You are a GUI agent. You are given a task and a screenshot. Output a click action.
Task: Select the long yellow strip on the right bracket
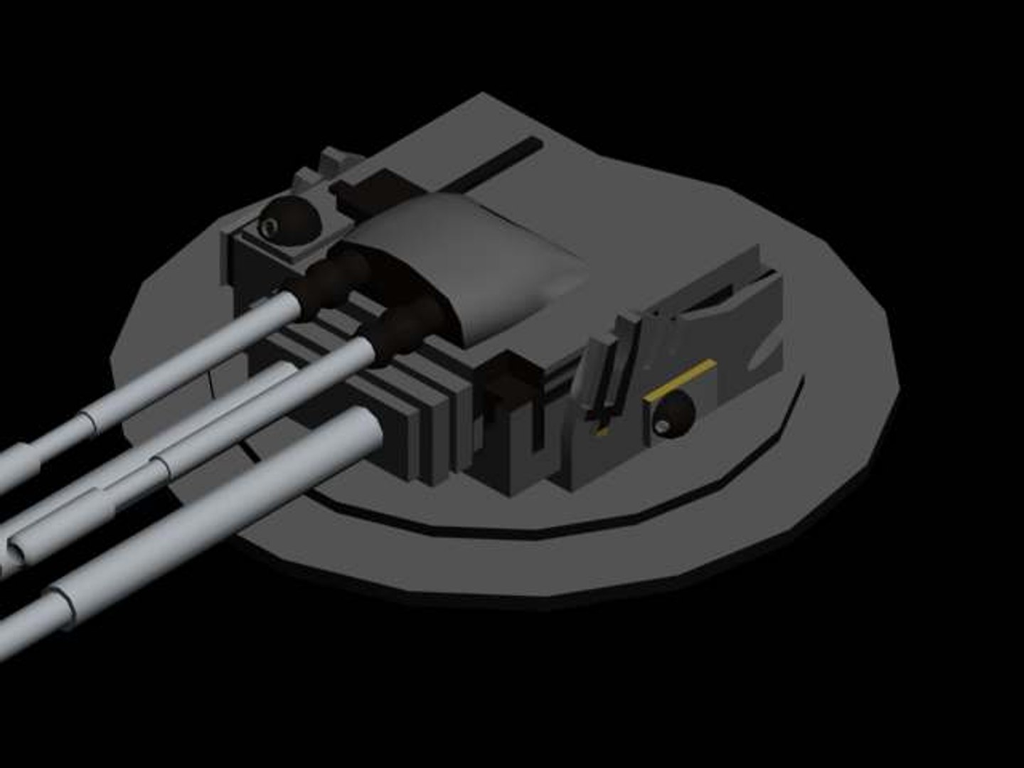[x=678, y=380]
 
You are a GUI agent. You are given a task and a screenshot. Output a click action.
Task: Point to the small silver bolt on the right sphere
[x=663, y=425]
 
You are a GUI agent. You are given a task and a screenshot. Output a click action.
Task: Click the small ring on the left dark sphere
[x=270, y=227]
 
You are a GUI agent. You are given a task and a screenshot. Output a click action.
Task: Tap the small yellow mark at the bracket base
[x=601, y=432]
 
